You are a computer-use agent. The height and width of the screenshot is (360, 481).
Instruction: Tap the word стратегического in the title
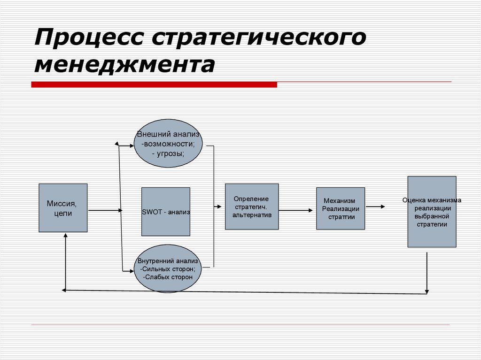click(x=258, y=38)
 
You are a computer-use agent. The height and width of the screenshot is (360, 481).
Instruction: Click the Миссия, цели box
click(x=63, y=208)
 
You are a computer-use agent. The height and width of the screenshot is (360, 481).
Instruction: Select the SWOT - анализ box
click(x=166, y=212)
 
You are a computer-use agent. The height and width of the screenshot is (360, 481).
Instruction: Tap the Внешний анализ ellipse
click(x=168, y=144)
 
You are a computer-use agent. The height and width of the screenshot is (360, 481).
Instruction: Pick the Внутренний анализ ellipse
click(x=168, y=269)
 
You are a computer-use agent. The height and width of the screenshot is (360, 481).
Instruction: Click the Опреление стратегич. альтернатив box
click(x=252, y=207)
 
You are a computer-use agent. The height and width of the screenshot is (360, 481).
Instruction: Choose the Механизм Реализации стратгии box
click(x=341, y=208)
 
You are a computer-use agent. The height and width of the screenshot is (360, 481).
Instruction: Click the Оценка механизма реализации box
click(x=432, y=212)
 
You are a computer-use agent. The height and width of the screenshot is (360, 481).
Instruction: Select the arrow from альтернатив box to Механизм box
click(x=296, y=211)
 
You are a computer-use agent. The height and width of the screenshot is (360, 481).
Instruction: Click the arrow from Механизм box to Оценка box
click(x=376, y=207)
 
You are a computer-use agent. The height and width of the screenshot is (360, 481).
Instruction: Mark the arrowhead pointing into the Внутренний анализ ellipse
click(x=132, y=270)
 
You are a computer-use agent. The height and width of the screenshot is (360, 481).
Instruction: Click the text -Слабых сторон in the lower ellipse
click(x=168, y=277)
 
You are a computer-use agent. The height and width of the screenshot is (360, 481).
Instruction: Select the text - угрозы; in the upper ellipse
click(x=168, y=153)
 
